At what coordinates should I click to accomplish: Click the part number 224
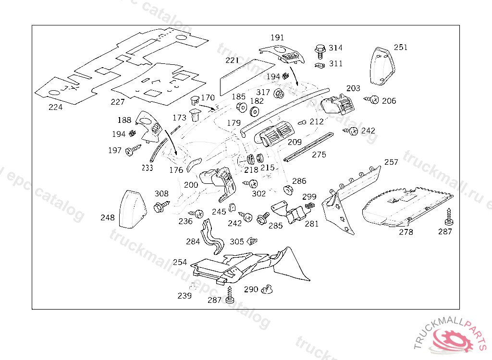(x=55, y=107)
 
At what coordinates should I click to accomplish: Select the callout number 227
(x=118, y=102)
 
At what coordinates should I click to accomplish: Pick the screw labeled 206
(x=372, y=100)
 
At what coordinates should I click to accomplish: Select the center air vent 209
(x=274, y=134)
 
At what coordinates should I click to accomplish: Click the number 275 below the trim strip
(x=319, y=155)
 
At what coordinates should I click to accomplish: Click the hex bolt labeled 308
(x=160, y=207)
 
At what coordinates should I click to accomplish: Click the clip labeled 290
(x=267, y=289)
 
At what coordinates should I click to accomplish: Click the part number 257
(x=392, y=162)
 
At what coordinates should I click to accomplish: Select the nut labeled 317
(x=278, y=93)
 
